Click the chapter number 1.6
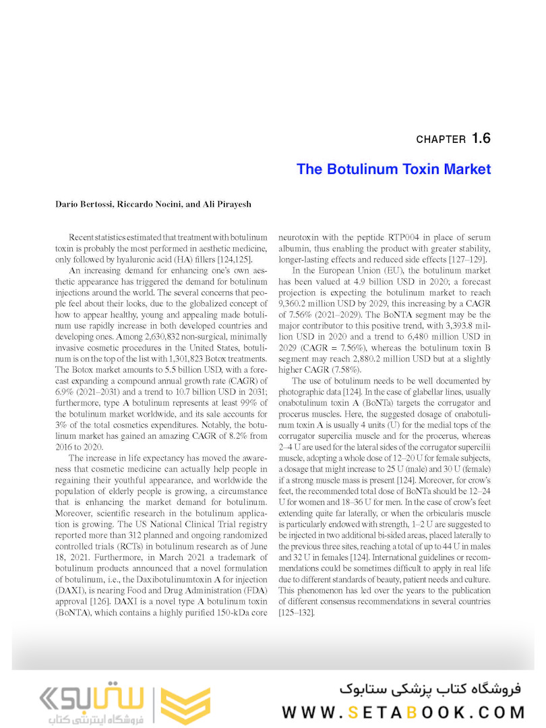[481, 139]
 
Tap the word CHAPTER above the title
[441, 140]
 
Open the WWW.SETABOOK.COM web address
[403, 712]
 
